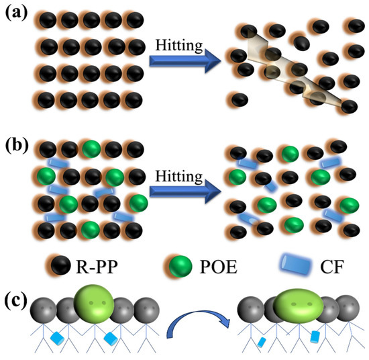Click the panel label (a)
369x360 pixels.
[15, 12]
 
